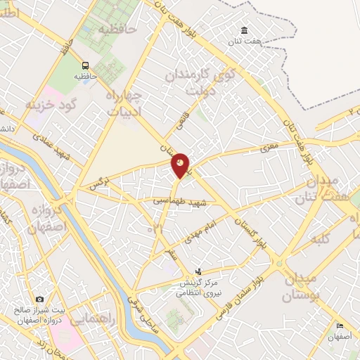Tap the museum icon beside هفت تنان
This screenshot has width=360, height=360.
click(244, 30)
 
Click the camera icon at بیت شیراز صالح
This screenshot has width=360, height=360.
click(39, 300)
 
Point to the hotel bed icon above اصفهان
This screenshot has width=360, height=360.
click(340, 326)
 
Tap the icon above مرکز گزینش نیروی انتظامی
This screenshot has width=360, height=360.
click(199, 271)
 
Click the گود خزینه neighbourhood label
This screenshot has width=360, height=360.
click(50, 105)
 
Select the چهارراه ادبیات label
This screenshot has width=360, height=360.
click(125, 103)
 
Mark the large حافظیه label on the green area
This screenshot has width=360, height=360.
click(116, 30)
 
